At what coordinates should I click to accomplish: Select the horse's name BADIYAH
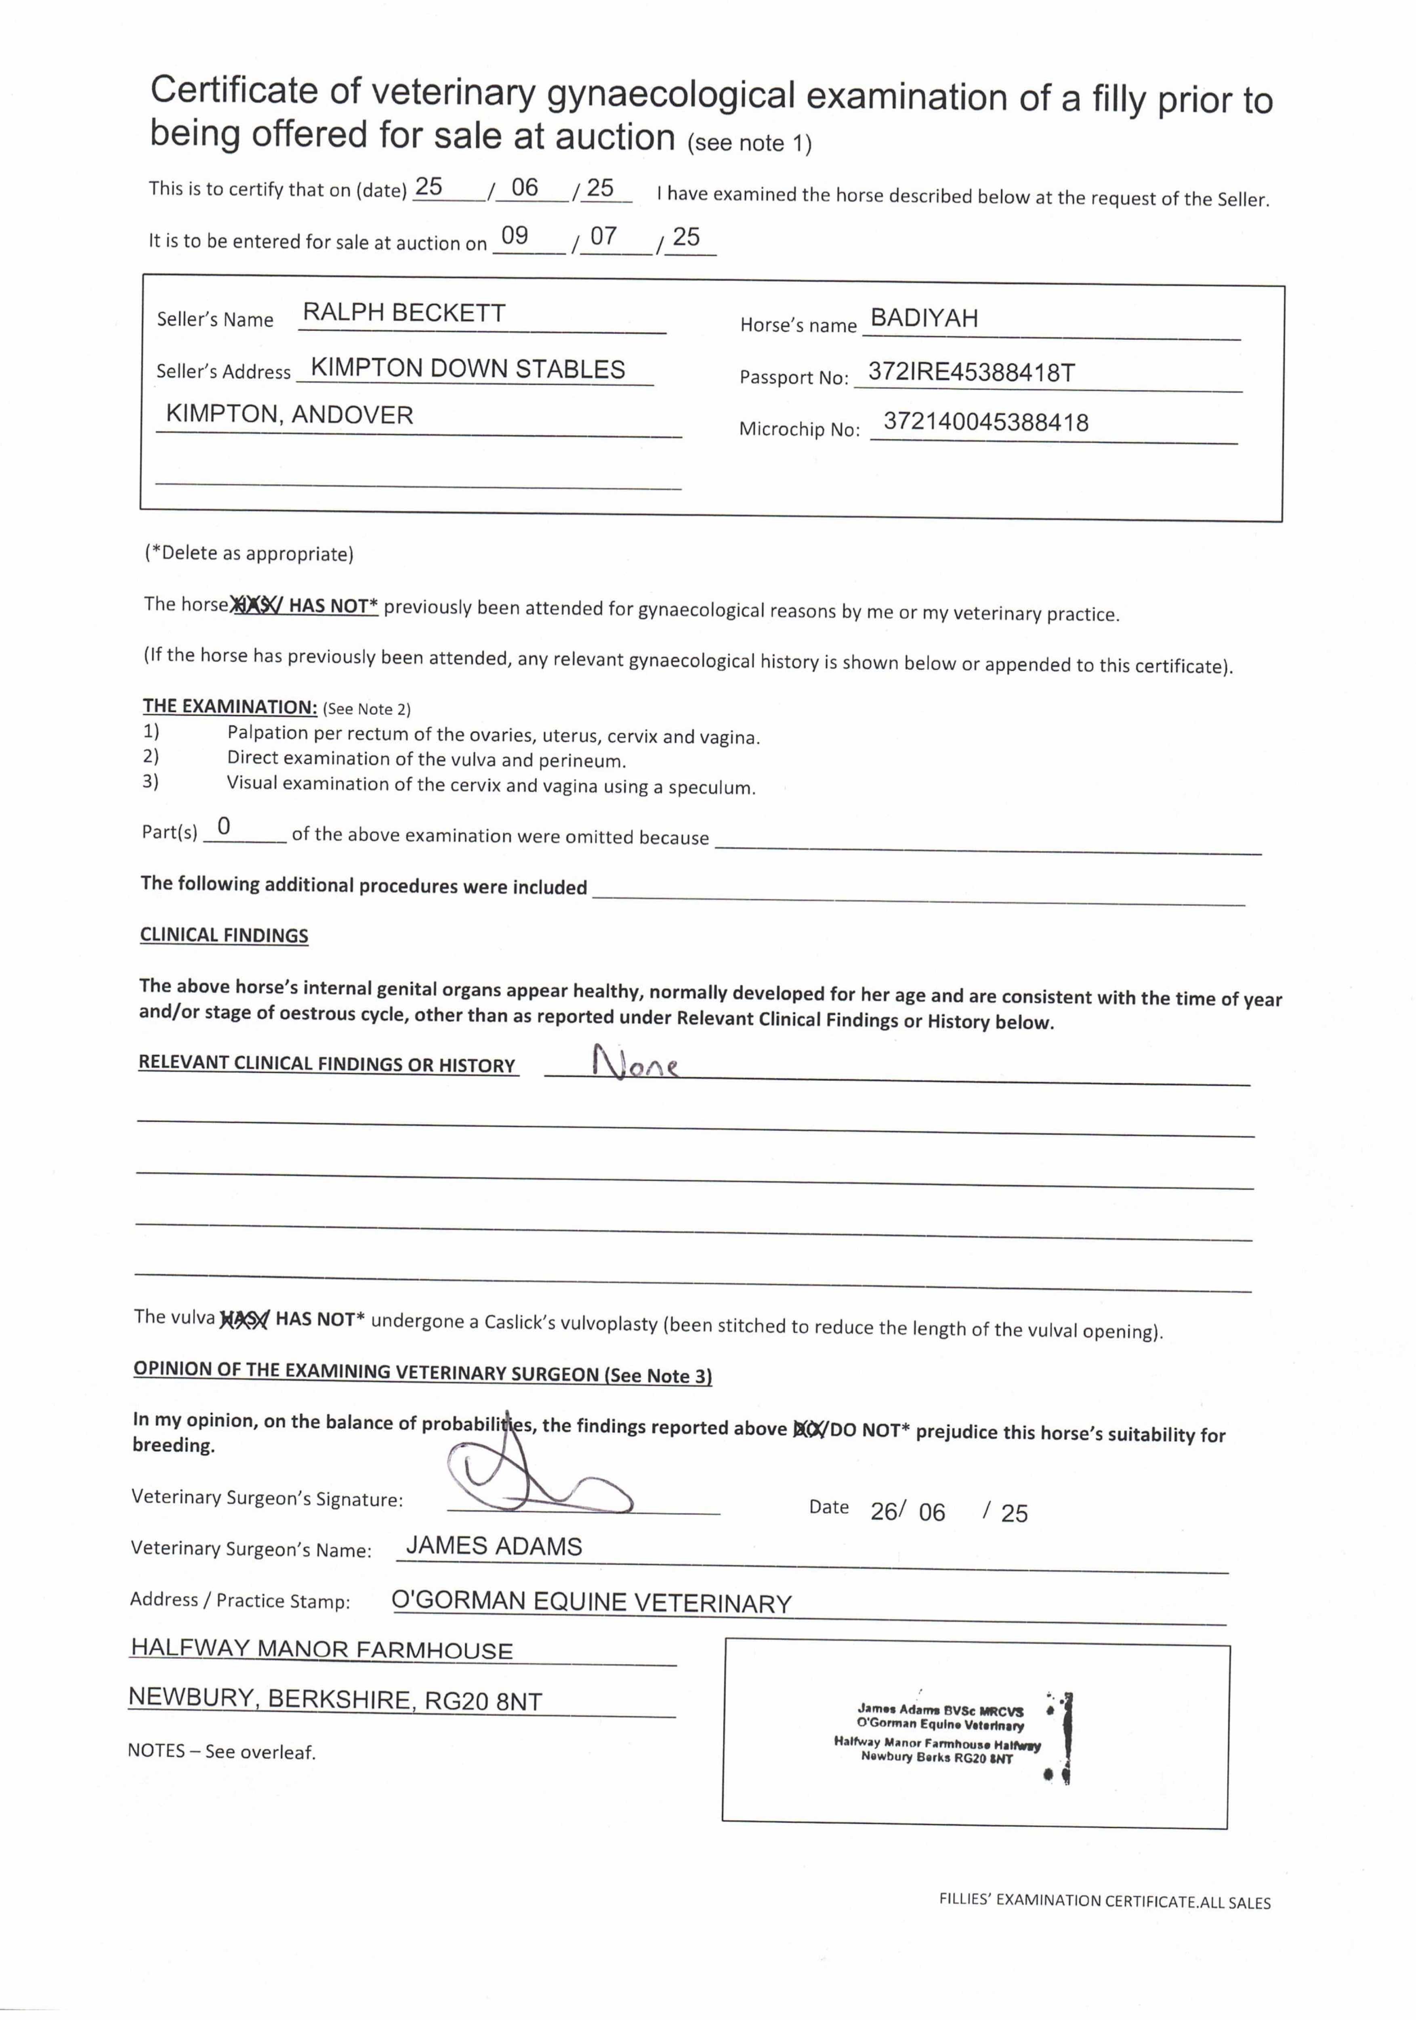(924, 318)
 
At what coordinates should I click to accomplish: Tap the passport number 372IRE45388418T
(971, 372)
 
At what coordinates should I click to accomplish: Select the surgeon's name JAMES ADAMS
(494, 1547)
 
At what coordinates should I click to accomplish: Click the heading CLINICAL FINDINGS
(224, 935)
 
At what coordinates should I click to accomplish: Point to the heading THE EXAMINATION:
(229, 707)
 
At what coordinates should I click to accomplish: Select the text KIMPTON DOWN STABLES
(468, 368)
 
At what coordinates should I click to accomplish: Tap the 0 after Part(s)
(224, 827)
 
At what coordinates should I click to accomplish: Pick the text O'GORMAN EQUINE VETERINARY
(591, 1602)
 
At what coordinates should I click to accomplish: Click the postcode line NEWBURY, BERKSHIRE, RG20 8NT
(335, 1700)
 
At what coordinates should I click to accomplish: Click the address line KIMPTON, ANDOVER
(289, 415)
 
